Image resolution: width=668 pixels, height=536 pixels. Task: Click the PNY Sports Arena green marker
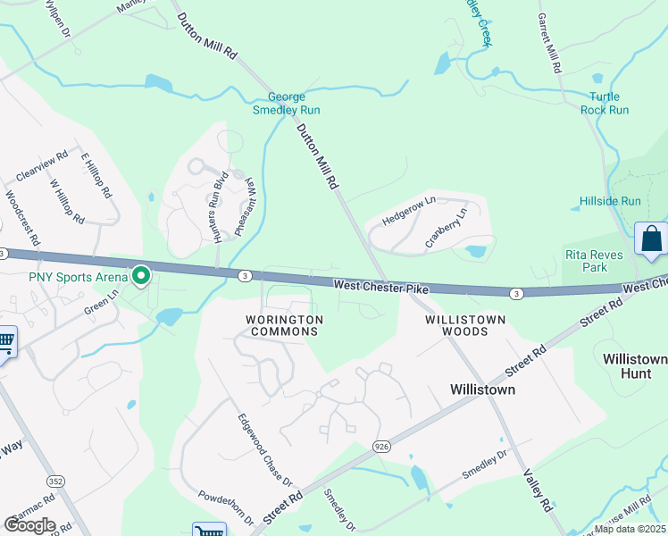click(x=140, y=276)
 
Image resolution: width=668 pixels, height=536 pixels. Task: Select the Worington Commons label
click(x=282, y=325)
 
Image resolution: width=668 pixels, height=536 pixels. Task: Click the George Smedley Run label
click(x=294, y=103)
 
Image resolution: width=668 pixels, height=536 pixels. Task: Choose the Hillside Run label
click(x=610, y=202)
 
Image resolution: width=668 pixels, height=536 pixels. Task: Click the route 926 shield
click(x=381, y=446)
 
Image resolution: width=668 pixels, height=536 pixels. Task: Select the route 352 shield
click(x=56, y=482)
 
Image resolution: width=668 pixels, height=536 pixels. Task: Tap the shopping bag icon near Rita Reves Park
click(x=651, y=239)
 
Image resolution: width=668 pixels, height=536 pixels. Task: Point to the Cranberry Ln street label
click(x=446, y=228)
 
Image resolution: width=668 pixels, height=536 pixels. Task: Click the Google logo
click(x=29, y=525)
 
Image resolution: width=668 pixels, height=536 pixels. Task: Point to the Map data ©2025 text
click(x=630, y=529)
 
